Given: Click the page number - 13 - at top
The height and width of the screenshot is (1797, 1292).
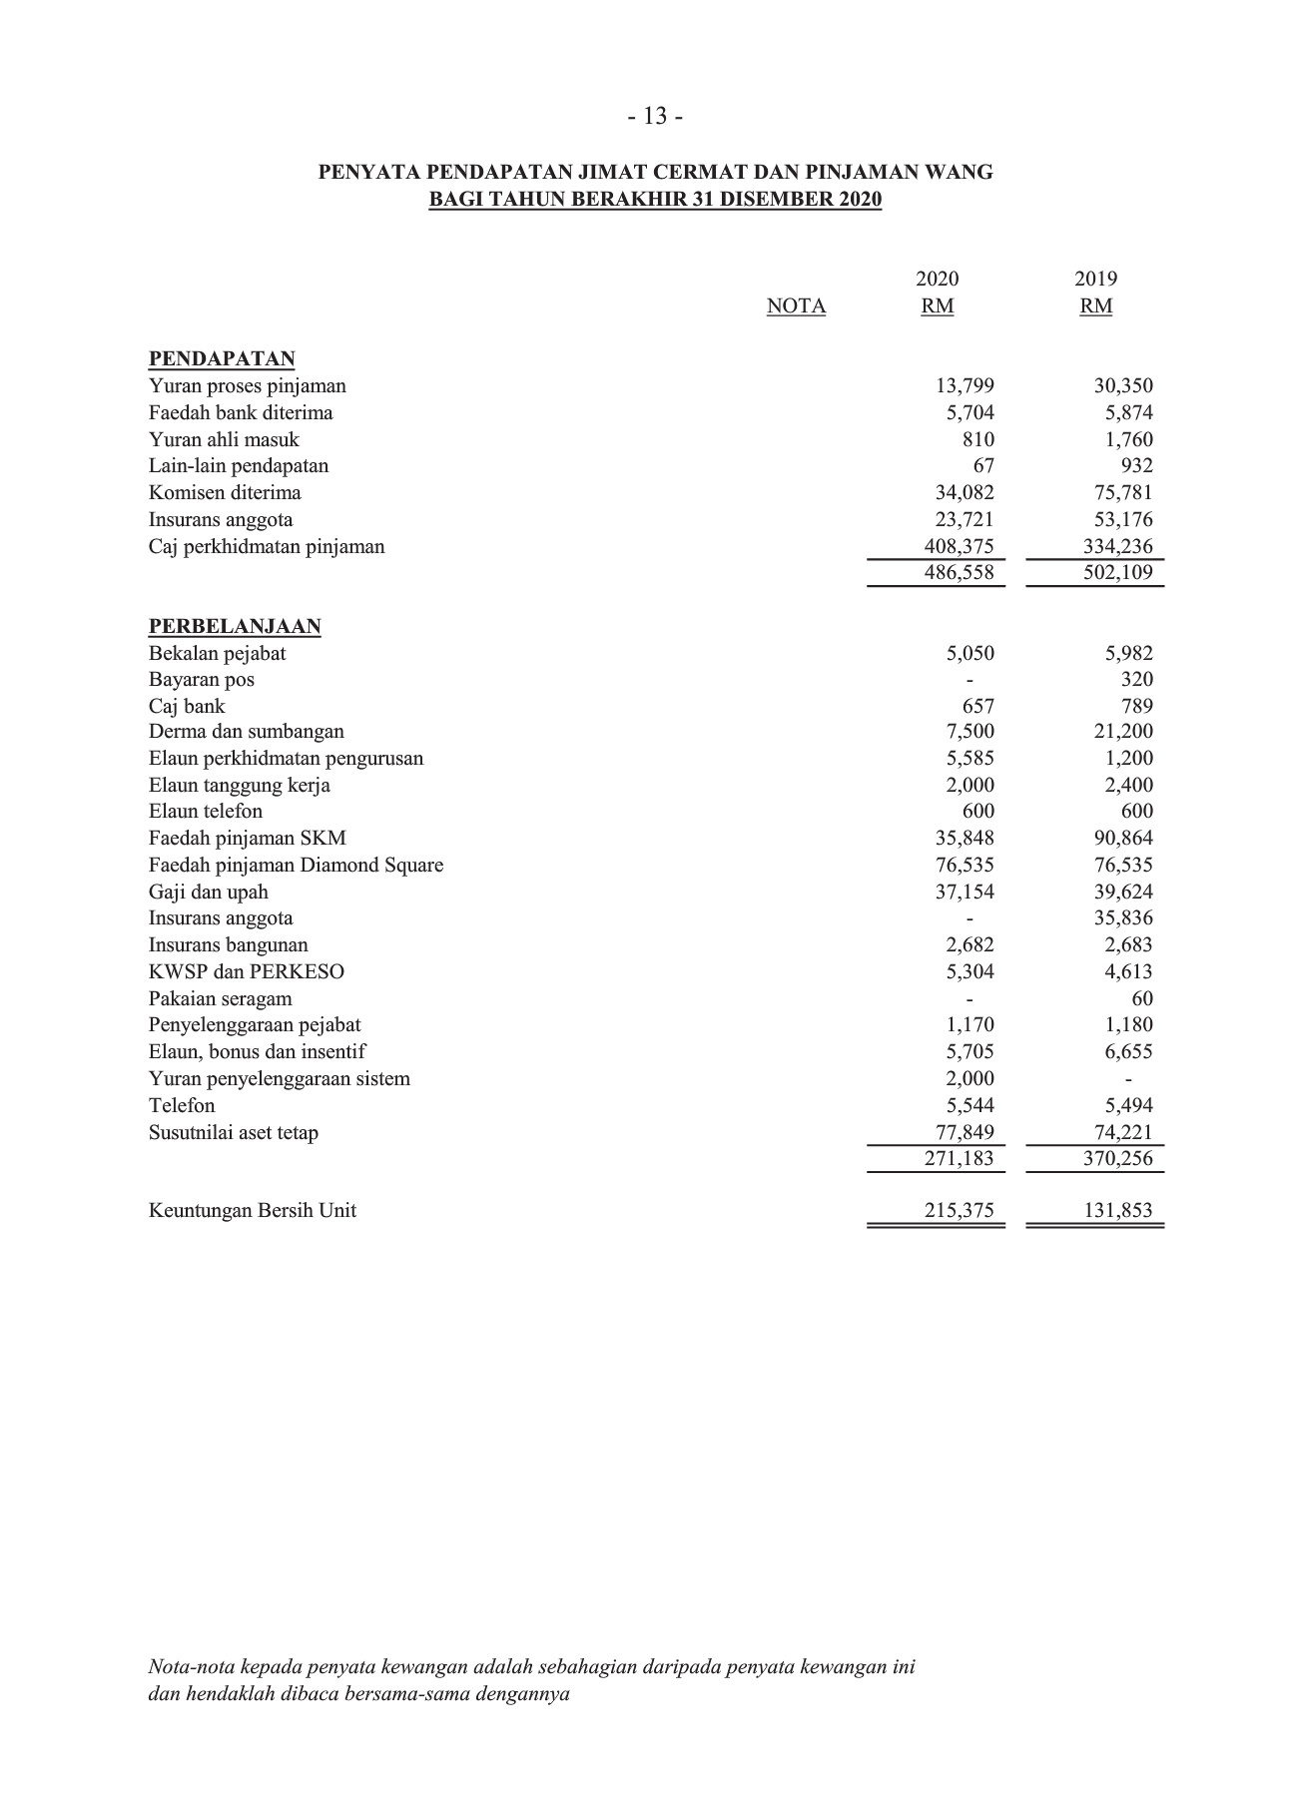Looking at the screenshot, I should pyautogui.click(x=655, y=117).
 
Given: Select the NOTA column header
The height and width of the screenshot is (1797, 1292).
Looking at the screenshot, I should pyautogui.click(x=796, y=306).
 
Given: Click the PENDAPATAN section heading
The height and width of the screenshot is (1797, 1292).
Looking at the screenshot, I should pyautogui.click(x=222, y=359).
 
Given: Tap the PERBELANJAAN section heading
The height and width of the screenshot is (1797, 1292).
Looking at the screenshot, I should pyautogui.click(x=235, y=627).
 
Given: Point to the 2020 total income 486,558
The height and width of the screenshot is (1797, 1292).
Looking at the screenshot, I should pyautogui.click(x=959, y=573).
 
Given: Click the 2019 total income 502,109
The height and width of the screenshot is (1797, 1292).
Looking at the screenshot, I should pyautogui.click(x=1117, y=573).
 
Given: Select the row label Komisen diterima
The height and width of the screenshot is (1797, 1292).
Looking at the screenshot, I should pyautogui.click(x=225, y=493).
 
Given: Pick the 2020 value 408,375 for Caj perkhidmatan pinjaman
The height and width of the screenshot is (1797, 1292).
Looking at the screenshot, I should pyautogui.click(x=959, y=547).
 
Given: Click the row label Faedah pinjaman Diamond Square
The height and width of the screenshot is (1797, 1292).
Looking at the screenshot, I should pyautogui.click(x=296, y=866).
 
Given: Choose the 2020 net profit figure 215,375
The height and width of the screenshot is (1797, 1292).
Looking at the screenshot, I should pyautogui.click(x=959, y=1211).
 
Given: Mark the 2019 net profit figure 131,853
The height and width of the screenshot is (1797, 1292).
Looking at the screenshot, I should pyautogui.click(x=1117, y=1211).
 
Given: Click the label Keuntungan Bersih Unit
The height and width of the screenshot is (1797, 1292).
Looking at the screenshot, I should pyautogui.click(x=253, y=1211).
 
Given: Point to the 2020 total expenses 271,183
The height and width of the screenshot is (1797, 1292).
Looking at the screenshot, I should pyautogui.click(x=959, y=1159).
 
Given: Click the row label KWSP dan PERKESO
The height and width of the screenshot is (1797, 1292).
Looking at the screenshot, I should pyautogui.click(x=247, y=972).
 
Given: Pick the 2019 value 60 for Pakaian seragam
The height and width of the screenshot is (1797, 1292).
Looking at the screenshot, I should pyautogui.click(x=1142, y=999).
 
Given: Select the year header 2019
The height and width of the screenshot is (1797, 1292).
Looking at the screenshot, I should pyautogui.click(x=1095, y=280).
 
